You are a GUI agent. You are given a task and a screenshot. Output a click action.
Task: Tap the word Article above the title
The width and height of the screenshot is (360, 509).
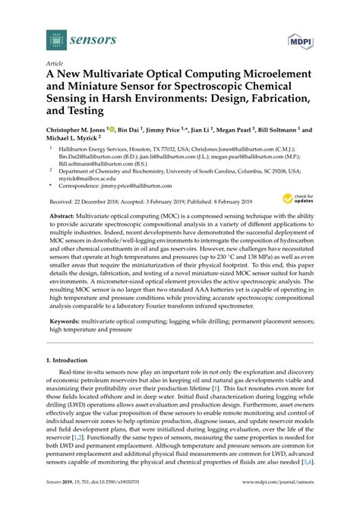tap(55, 65)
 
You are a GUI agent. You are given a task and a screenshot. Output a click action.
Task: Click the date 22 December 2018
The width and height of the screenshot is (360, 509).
tap(99, 202)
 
